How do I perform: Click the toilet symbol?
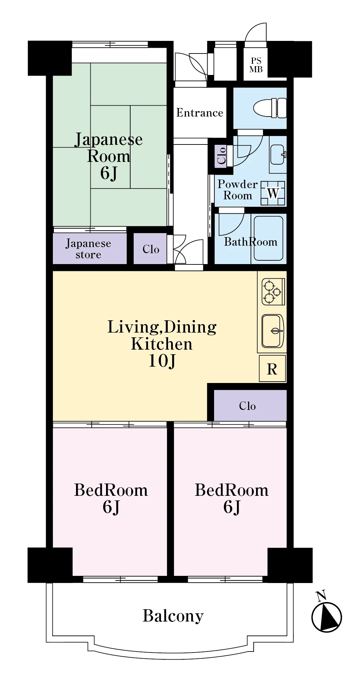tap(270, 108)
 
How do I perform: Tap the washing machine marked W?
tap(273, 193)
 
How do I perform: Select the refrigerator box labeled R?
tap(272, 369)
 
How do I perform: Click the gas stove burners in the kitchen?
tap(273, 292)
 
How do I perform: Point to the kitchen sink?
tap(272, 331)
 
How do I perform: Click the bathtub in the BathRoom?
tap(268, 238)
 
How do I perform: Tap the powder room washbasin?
tap(278, 154)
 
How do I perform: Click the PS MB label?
tap(256, 65)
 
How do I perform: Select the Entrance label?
tap(200, 113)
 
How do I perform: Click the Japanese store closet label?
tap(88, 249)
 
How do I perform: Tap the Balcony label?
tap(173, 616)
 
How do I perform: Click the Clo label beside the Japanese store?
tap(151, 249)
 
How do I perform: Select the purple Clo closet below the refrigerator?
tap(250, 405)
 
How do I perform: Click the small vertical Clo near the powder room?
tap(221, 155)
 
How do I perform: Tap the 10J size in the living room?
tap(162, 361)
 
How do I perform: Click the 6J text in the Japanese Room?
tap(109, 173)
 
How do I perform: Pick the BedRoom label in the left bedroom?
tap(111, 490)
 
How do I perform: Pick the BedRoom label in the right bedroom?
tap(232, 490)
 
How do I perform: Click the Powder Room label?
tap(238, 190)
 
